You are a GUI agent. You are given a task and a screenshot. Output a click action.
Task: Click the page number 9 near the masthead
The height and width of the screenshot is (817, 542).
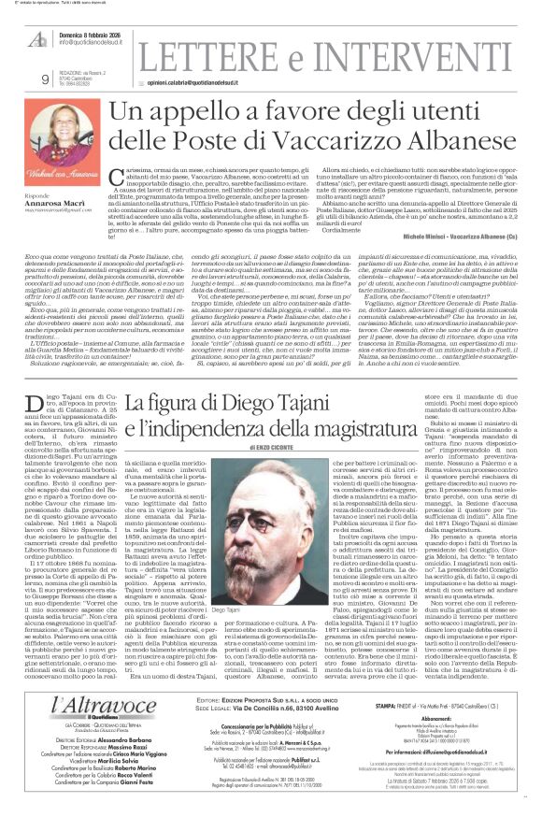(x=46, y=79)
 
